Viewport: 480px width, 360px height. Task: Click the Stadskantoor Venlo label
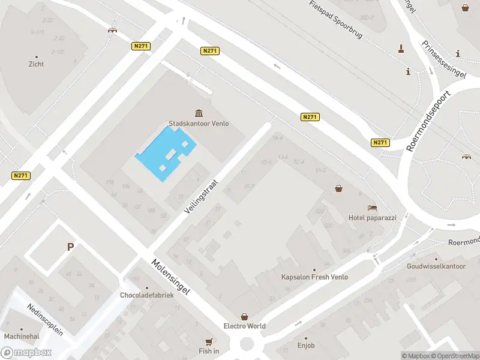click(199, 124)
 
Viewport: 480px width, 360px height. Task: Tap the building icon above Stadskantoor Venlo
click(199, 113)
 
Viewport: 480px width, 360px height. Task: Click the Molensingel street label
click(170, 277)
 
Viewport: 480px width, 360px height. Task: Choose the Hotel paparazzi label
click(373, 218)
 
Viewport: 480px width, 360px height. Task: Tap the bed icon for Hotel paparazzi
click(373, 208)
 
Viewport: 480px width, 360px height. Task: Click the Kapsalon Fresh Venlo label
click(314, 277)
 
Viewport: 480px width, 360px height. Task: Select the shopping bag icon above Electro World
click(245, 316)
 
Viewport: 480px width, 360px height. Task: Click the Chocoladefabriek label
click(147, 295)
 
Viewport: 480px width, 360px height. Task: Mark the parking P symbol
click(70, 247)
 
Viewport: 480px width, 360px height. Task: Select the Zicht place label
click(36, 64)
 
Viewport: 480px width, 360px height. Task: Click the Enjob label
click(305, 346)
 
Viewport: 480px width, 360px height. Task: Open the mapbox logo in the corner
click(26, 352)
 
